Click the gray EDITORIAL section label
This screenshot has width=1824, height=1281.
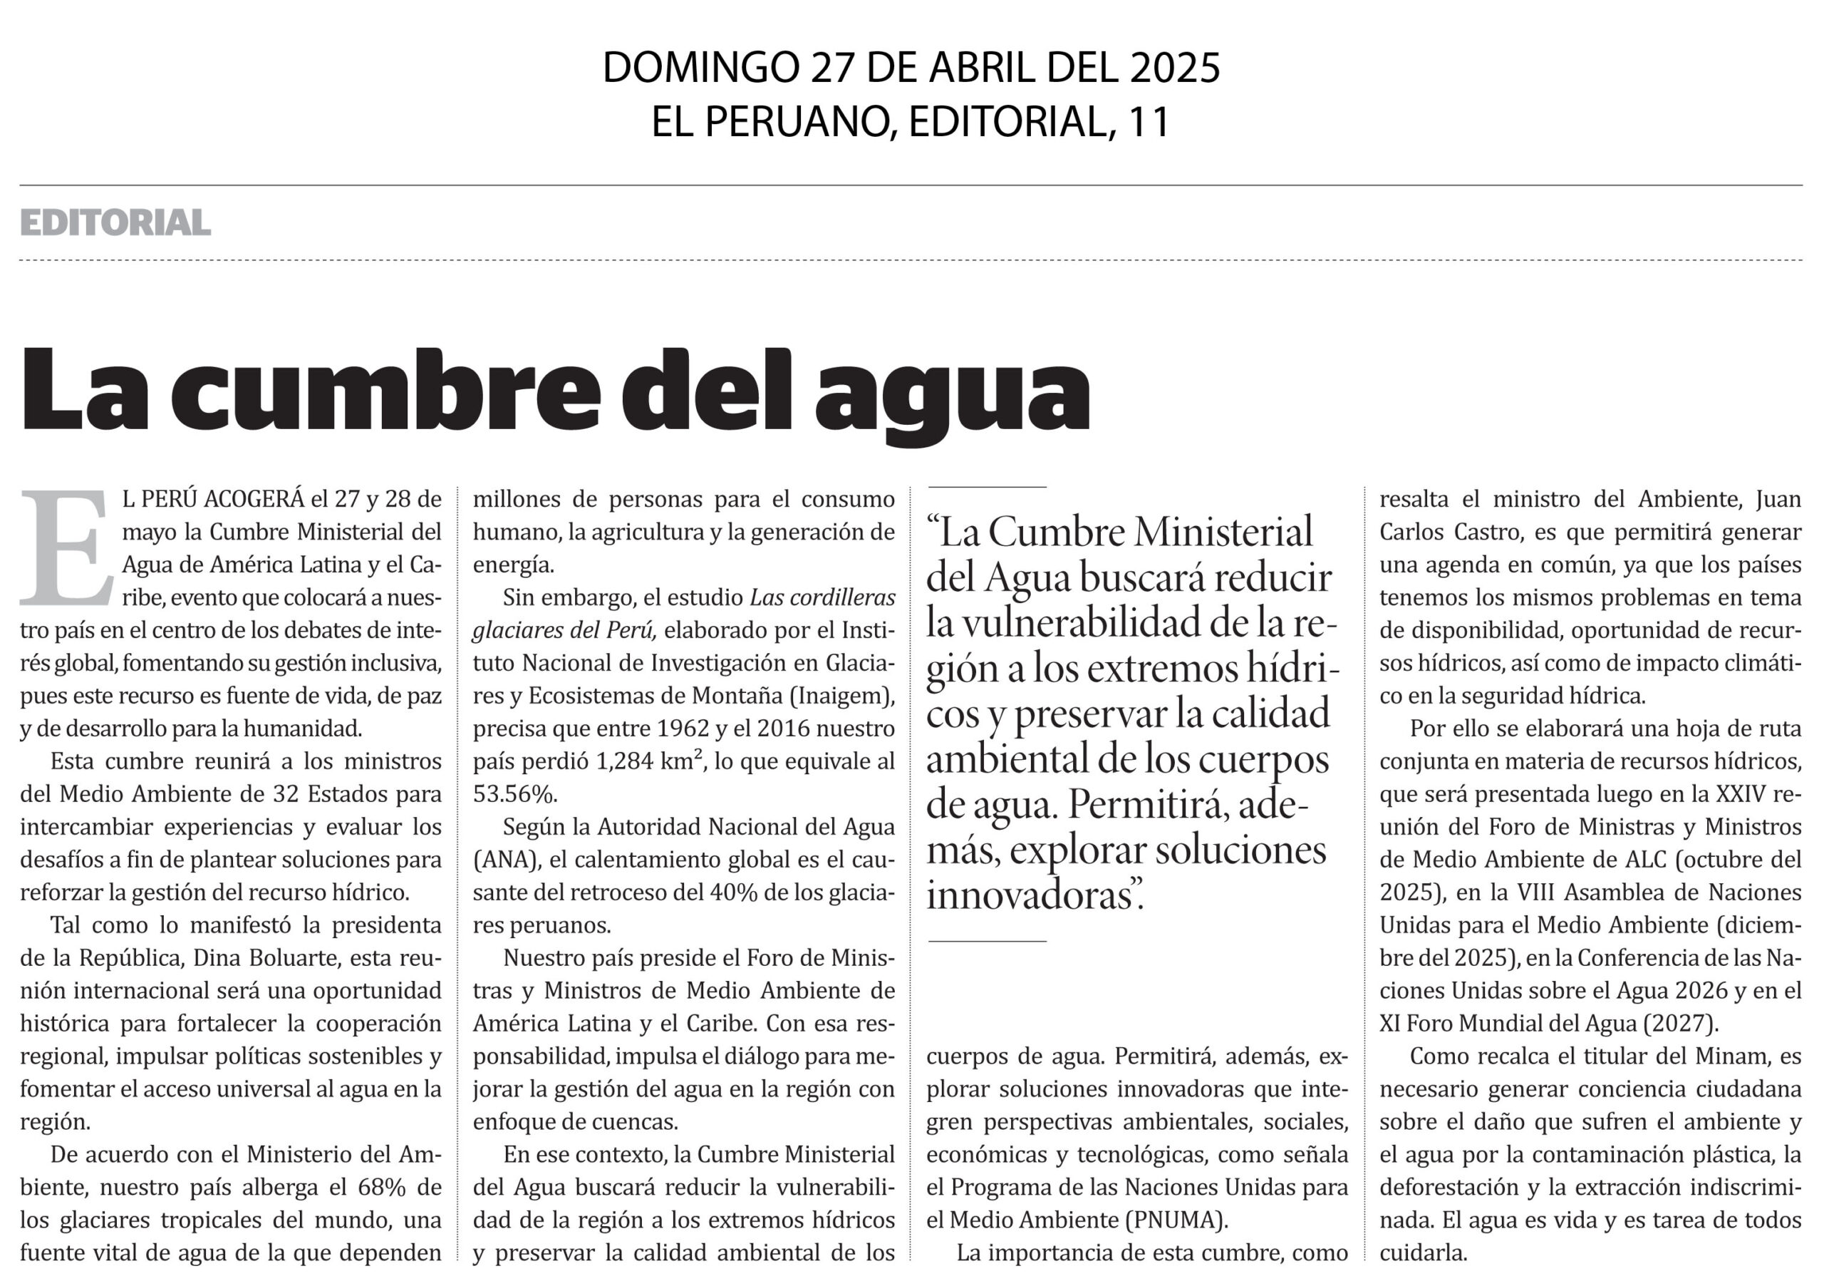[x=115, y=222]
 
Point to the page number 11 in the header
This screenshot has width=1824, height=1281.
[x=1149, y=122]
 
